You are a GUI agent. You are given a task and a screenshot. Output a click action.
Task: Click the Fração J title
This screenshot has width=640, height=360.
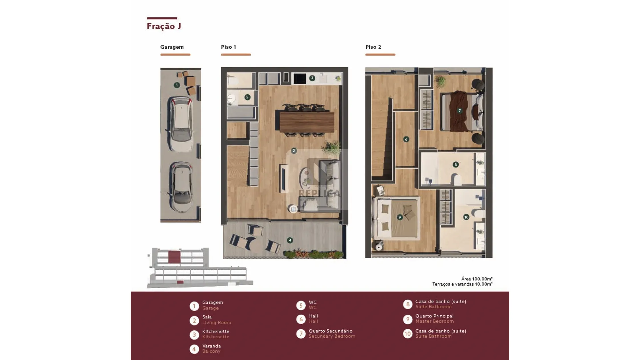tap(164, 26)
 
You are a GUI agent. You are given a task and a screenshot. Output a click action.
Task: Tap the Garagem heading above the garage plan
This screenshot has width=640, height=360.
tap(172, 47)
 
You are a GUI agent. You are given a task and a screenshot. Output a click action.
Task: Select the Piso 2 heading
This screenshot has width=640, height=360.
tap(373, 47)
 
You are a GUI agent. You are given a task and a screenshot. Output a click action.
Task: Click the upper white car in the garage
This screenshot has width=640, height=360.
tap(181, 124)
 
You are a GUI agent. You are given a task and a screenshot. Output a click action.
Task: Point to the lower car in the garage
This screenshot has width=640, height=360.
tap(181, 187)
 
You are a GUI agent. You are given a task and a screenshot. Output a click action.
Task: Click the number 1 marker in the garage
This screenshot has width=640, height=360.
tap(177, 85)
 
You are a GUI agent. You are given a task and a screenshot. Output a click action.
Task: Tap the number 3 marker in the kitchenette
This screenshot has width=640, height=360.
tap(312, 78)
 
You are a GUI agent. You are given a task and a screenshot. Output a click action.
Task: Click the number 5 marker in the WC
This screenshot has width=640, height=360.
tap(247, 97)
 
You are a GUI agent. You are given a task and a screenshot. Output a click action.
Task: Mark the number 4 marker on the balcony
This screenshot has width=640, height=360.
tap(290, 240)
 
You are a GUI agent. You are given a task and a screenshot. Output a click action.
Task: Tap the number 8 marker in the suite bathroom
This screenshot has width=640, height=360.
tap(456, 164)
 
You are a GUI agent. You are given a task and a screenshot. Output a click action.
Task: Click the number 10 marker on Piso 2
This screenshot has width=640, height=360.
tap(466, 217)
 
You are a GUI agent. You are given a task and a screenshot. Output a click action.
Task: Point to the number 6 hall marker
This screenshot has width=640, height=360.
tap(406, 139)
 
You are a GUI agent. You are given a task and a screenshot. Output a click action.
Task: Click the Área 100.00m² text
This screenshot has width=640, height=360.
tap(477, 279)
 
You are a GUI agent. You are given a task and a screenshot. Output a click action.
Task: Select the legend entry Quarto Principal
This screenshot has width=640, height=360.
tap(434, 316)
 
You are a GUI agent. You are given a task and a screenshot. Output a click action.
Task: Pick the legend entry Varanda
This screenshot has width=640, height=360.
tap(211, 346)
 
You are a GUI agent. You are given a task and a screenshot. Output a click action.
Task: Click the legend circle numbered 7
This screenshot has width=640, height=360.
tap(301, 334)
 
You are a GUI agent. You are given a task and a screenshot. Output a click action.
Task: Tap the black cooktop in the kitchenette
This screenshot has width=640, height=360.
tap(300, 79)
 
